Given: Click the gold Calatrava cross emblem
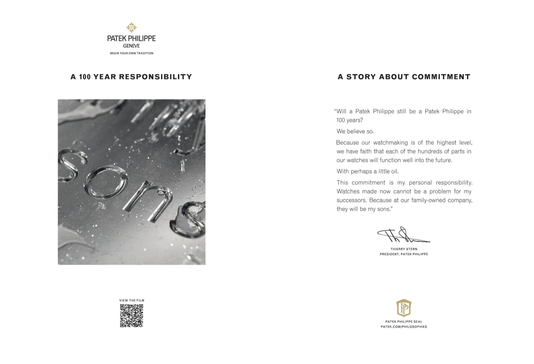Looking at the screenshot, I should (x=132, y=28).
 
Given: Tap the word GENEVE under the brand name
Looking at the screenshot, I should (x=132, y=46).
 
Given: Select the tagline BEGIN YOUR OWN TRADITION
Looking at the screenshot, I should (x=132, y=53).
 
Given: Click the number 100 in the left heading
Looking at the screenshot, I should (x=85, y=77).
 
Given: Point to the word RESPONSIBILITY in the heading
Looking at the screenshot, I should (x=155, y=77).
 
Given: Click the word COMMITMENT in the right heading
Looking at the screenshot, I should (x=441, y=77).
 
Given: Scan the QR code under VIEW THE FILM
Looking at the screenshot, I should (x=132, y=316).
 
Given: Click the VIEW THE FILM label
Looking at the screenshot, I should (x=132, y=300).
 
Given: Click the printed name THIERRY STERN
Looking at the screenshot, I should (x=404, y=249).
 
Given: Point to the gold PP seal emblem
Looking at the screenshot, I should (x=404, y=308).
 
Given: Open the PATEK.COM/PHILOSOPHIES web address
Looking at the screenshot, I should (x=404, y=327).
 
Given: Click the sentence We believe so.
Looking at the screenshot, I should (x=355, y=131).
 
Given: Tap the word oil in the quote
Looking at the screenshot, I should (x=395, y=171).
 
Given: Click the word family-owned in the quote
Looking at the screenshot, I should (x=428, y=200).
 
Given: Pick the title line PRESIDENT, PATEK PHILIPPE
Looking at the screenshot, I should (x=404, y=254).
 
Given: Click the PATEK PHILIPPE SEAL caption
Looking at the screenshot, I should (x=404, y=322).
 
